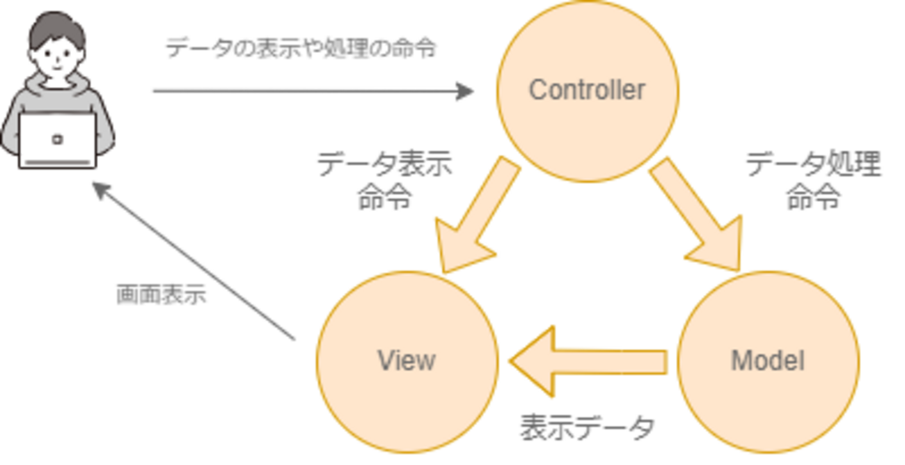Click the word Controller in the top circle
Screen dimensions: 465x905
click(x=587, y=90)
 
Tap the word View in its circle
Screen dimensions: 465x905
click(x=407, y=360)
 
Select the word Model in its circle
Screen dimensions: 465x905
click(x=768, y=360)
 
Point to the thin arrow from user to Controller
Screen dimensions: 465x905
click(x=299, y=90)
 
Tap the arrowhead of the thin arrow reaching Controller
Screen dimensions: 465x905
click(x=465, y=90)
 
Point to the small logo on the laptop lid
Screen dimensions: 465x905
click(x=57, y=139)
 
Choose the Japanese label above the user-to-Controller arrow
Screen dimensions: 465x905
click(x=301, y=47)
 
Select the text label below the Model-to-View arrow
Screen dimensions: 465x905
click(x=587, y=426)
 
